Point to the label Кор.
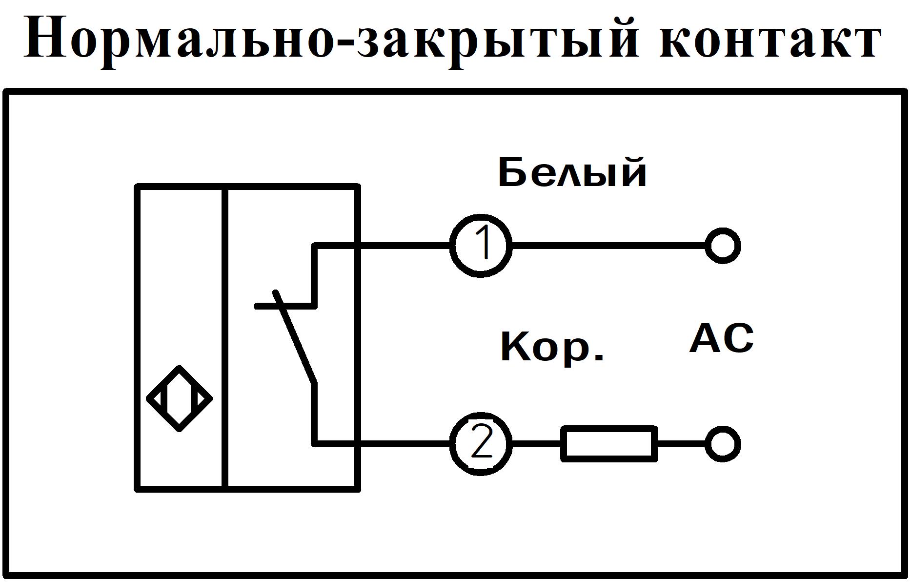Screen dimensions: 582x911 [x=552, y=347]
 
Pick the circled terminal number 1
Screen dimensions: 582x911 [x=481, y=246]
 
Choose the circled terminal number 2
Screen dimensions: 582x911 [x=481, y=444]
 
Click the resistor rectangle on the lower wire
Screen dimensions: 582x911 [x=609, y=444]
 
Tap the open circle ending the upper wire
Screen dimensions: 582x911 [x=723, y=246]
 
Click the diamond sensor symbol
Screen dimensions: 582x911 [x=179, y=398]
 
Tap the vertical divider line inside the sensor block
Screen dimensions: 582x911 [x=225, y=337]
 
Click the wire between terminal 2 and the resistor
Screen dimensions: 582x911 [x=536, y=444]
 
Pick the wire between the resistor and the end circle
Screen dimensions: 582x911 [x=680, y=444]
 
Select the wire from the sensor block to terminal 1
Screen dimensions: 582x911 [x=405, y=246]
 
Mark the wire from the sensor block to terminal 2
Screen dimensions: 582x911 [x=405, y=444]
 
